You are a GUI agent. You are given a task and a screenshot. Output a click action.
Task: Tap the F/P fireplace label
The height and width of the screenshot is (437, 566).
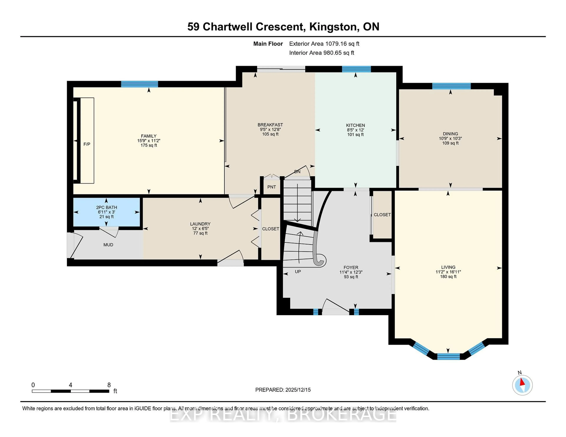point(87,144)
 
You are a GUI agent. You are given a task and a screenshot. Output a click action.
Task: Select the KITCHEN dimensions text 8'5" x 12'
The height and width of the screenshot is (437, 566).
point(355,130)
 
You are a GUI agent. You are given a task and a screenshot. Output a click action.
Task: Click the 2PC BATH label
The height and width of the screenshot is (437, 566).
point(107,207)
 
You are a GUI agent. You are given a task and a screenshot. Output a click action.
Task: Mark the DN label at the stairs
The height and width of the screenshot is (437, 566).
point(297,172)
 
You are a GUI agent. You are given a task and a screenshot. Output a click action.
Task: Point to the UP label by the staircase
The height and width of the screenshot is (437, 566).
point(298,272)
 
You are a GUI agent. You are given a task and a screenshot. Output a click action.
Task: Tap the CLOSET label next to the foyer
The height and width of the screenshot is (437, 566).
point(382,215)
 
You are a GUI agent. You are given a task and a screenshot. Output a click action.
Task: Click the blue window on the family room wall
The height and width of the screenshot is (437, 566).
point(139,84)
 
